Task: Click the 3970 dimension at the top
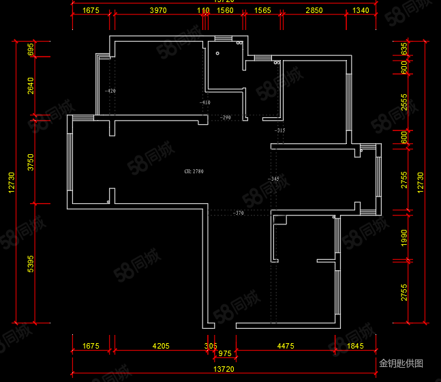tap(158, 11)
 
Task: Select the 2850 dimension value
tap(314, 11)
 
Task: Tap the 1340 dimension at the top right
tap(361, 11)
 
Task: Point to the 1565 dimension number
tap(262, 11)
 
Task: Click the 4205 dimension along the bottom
tap(161, 347)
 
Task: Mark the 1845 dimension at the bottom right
tap(356, 347)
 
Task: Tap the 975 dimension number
tap(224, 354)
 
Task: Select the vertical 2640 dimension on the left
tap(31, 87)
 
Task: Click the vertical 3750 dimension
tap(31, 162)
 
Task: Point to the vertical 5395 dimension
tap(31, 264)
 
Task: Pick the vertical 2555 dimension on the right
tap(404, 102)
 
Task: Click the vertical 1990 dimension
tap(404, 238)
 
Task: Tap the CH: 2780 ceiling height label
tap(194, 172)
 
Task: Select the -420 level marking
tap(110, 91)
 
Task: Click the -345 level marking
tap(274, 179)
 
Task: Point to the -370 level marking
tap(239, 214)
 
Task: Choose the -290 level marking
tap(226, 118)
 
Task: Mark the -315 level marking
tap(279, 130)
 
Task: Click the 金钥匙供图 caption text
tap(401, 364)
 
